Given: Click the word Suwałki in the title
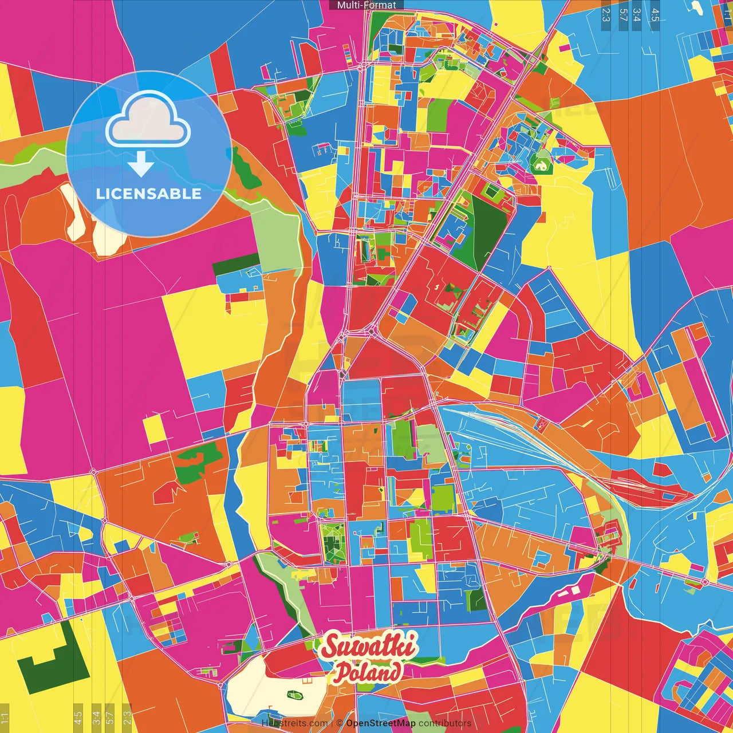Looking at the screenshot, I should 369,647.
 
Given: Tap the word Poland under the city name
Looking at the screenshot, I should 368,672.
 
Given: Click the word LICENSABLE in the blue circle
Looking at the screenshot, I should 148,194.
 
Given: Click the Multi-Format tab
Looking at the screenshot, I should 366,5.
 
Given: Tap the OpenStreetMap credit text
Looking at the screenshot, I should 380,723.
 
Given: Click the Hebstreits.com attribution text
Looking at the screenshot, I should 294,723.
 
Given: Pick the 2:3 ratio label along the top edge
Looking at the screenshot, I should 606,14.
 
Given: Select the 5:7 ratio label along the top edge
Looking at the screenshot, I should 624,14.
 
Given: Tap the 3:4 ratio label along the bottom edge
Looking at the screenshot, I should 96,717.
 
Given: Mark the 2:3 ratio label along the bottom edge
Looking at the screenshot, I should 127,717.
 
